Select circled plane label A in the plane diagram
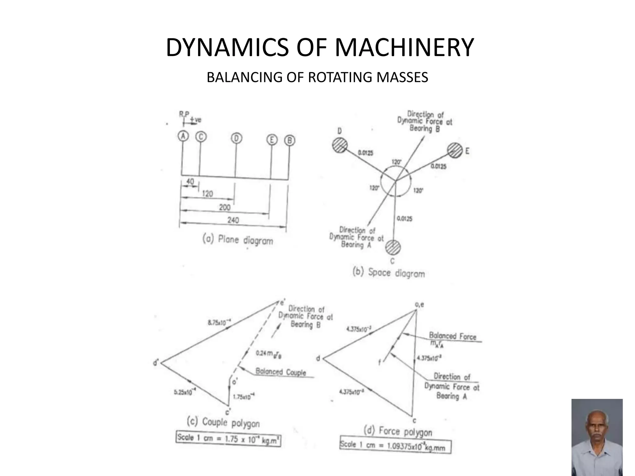183,136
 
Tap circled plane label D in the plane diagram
236,138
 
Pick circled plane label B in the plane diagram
290,141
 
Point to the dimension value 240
233,220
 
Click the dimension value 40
190,181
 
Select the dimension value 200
225,207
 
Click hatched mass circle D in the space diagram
340,145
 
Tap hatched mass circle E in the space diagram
455,150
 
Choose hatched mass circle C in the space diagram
393,247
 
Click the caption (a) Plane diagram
238,240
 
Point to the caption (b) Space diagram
389,273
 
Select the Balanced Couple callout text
281,372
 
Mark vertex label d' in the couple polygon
156,362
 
